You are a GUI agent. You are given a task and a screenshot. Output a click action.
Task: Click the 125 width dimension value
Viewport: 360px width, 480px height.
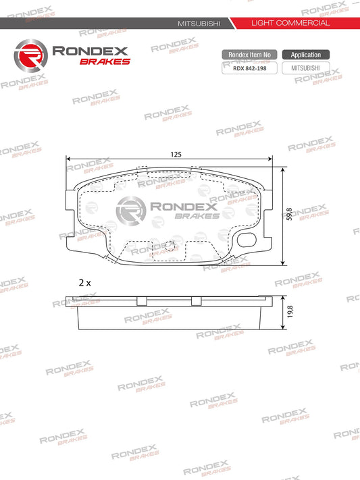(176, 155)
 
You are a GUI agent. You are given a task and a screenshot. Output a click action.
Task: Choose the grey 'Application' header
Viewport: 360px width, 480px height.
(306, 54)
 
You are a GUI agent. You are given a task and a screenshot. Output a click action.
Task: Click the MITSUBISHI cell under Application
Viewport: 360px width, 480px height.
(306, 68)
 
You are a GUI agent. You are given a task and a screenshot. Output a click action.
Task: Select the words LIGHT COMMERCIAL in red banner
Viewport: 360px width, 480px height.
(290, 23)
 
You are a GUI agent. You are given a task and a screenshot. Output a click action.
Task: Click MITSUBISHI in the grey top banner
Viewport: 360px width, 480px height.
(199, 23)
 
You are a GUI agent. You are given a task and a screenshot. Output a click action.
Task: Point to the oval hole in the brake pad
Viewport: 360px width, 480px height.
(248, 238)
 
